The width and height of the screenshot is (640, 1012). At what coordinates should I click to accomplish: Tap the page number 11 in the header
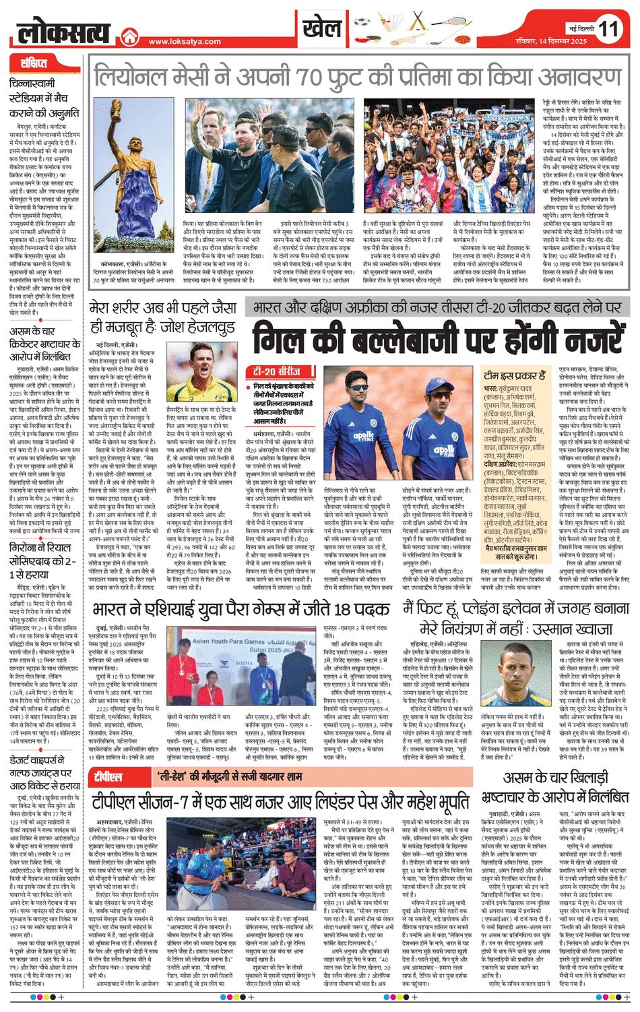[x=608, y=29]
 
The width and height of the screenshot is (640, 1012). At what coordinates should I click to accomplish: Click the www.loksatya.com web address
[x=185, y=42]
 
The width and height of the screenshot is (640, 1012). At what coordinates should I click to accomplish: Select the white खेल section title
[x=322, y=28]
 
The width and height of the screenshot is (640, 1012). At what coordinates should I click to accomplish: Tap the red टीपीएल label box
[x=108, y=778]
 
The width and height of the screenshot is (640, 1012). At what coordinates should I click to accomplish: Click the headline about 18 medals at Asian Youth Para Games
[x=241, y=609]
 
